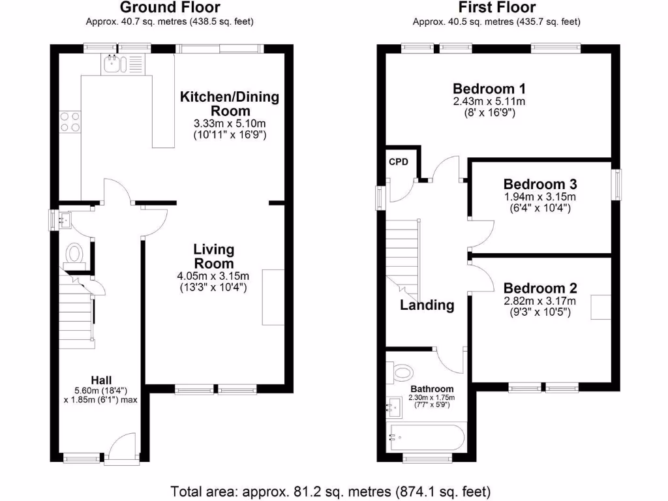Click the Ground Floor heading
point(170,8)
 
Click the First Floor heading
point(496,8)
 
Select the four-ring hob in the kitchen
point(70,122)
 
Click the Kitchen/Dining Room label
point(229,104)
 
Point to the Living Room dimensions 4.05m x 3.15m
point(213,276)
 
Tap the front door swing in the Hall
point(120,448)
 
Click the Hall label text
point(101,380)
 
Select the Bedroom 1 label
point(489,89)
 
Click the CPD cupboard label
point(398,162)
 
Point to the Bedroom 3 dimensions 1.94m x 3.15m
point(540,197)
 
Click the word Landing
point(427,305)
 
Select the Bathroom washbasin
point(394,408)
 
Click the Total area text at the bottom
point(330,491)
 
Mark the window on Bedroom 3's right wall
point(616,184)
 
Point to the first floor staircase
point(402,254)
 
